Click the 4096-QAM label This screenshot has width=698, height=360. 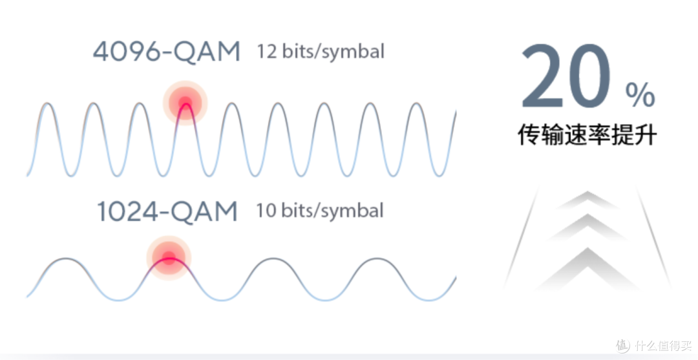pyautogui.click(x=167, y=52)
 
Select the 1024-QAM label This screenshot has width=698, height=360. pyautogui.click(x=167, y=212)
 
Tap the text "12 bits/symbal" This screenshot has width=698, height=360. pyautogui.click(x=320, y=52)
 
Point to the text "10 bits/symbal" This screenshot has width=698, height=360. pyautogui.click(x=320, y=211)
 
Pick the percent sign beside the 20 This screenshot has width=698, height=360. pyautogui.click(x=640, y=95)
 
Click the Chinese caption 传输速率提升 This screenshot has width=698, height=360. pyautogui.click(x=587, y=135)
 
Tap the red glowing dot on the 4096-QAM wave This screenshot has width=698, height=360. pyautogui.click(x=185, y=103)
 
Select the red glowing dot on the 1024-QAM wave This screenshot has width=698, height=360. pyautogui.click(x=169, y=258)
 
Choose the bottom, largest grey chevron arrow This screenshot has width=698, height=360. pyautogui.click(x=588, y=266)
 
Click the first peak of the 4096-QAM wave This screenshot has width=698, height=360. pyautogui.click(x=48, y=103)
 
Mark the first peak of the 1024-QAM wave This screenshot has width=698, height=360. pyautogui.click(x=66, y=259)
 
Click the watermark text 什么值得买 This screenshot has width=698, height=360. pyautogui.click(x=663, y=345)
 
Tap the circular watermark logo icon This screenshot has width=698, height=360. pyautogui.click(x=623, y=345)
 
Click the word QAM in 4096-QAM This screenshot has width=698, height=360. pyautogui.click(x=207, y=52)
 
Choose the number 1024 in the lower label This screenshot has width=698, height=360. pyautogui.click(x=127, y=212)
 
